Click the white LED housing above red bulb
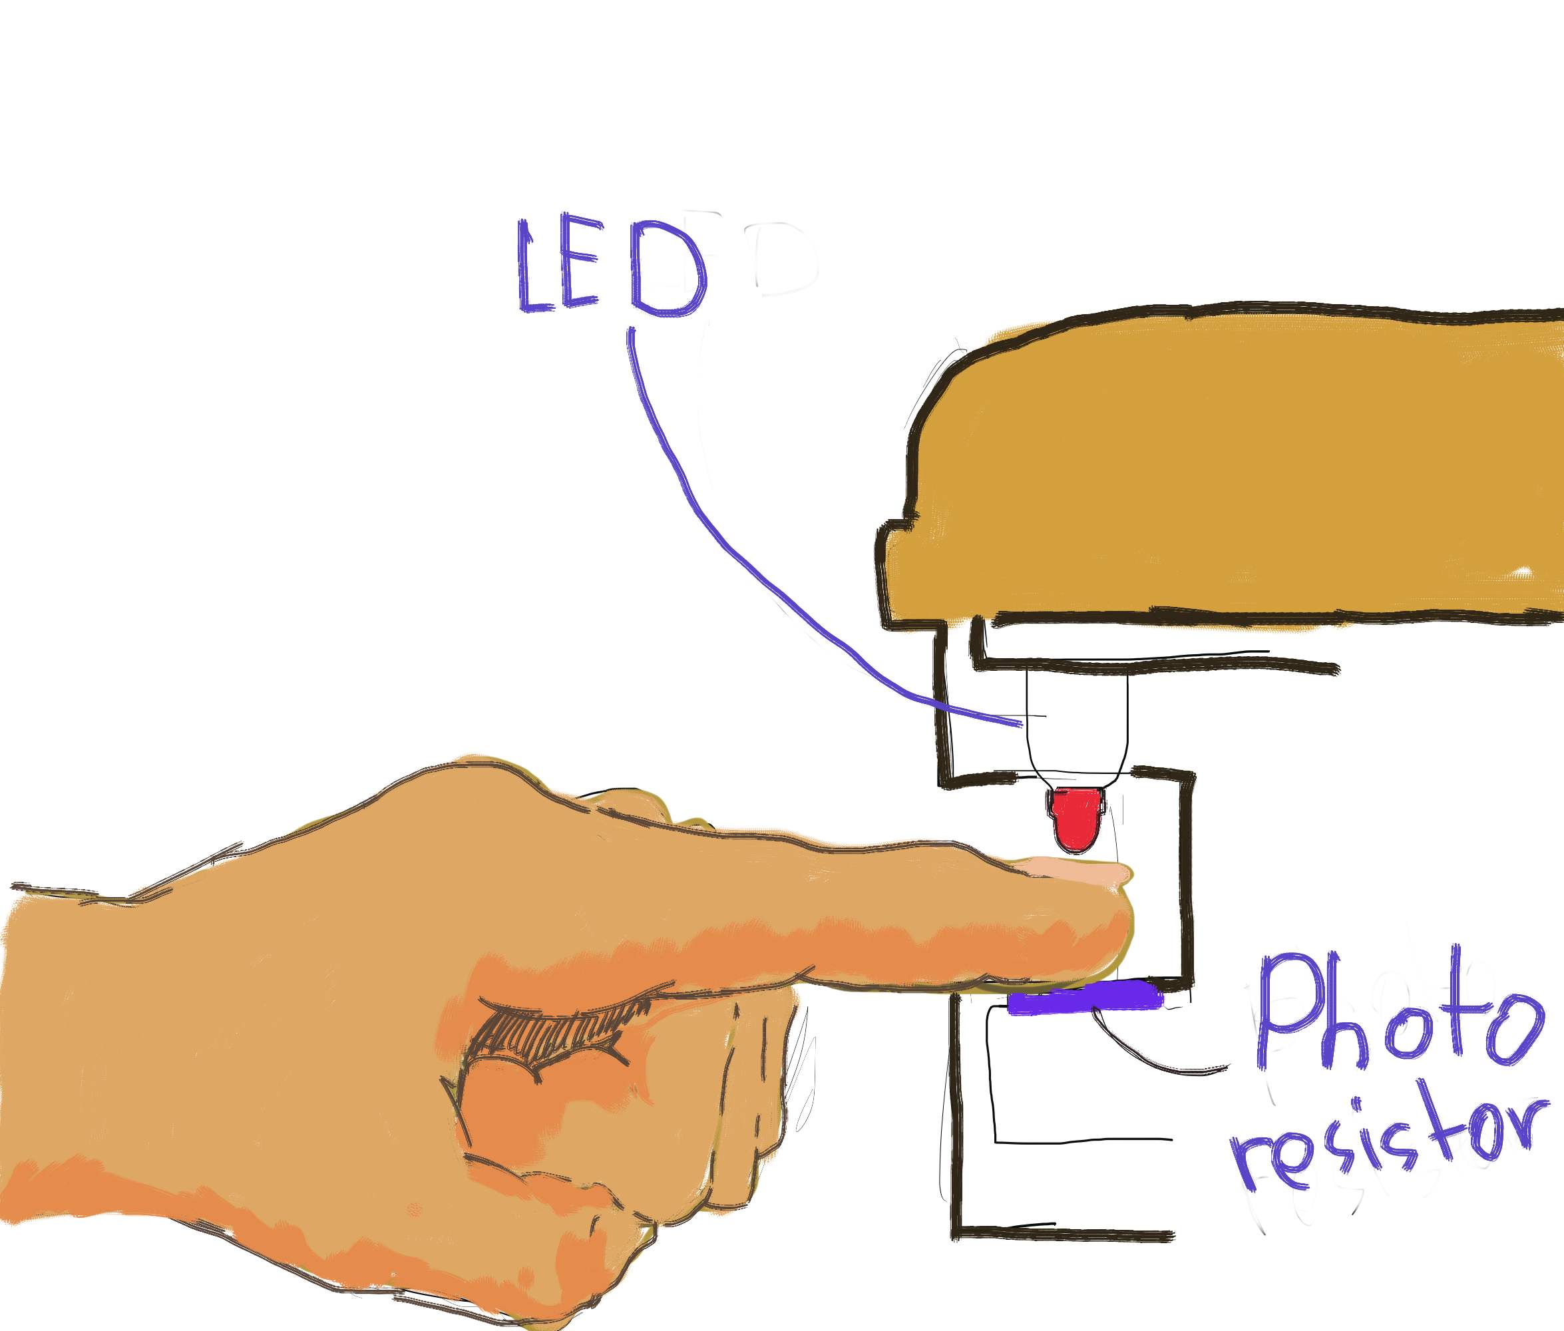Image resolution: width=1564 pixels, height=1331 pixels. coord(1077,724)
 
